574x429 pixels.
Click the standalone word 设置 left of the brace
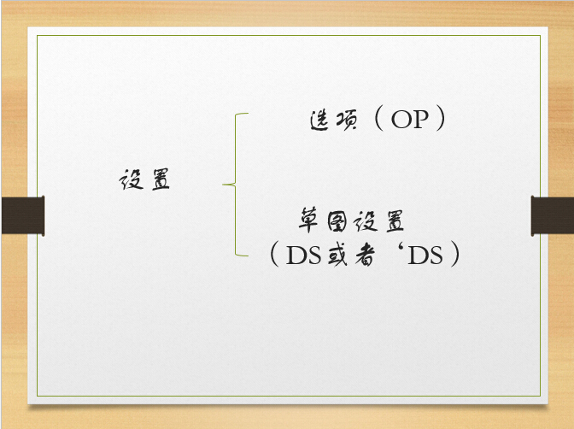click(144, 179)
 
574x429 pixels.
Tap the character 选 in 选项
click(319, 120)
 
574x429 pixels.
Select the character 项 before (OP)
click(346, 120)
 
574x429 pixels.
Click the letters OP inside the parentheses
click(410, 120)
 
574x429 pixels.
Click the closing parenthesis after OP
click(441, 118)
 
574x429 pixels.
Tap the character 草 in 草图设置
click(307, 220)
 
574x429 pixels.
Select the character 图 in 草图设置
click(337, 221)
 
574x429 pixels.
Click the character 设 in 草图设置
click(366, 221)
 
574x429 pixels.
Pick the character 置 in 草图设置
click(395, 221)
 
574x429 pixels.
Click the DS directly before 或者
click(303, 256)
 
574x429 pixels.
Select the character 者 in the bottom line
click(365, 256)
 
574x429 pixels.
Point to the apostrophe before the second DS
click(401, 250)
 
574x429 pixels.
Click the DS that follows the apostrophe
click(425, 256)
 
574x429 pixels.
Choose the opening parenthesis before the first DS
click(274, 254)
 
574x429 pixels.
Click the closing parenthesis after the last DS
click(455, 254)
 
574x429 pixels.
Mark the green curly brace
click(235, 185)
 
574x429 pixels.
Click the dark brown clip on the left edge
click(23, 215)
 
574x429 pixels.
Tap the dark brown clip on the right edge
click(553, 215)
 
